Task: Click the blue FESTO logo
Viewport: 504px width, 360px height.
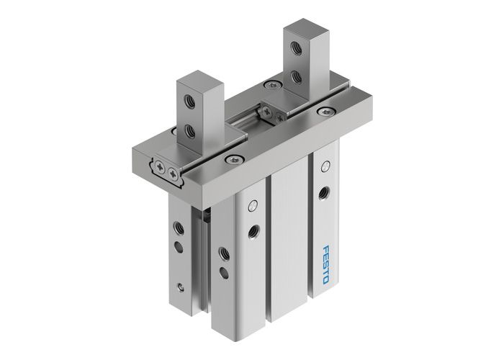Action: coord(321,264)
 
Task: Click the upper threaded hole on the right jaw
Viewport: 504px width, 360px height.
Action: coord(294,48)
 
